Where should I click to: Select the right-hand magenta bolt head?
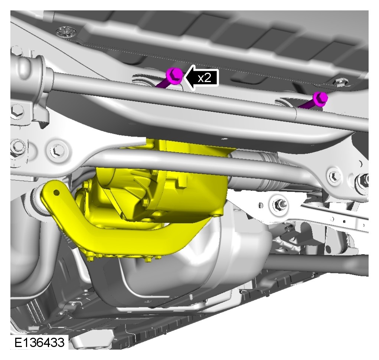(320, 98)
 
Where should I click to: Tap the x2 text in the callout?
(204, 78)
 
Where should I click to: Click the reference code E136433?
(39, 343)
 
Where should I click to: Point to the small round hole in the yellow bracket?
(56, 193)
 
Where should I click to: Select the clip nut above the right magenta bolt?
(340, 82)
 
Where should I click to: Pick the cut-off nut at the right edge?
(363, 179)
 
